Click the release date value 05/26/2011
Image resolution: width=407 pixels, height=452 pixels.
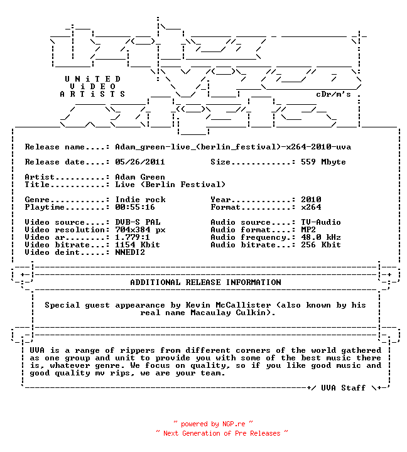(x=140, y=162)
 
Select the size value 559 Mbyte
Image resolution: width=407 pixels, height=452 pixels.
(x=323, y=162)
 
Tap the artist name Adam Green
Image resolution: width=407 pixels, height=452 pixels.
(x=140, y=176)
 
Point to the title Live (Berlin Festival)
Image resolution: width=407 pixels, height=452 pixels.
(x=170, y=185)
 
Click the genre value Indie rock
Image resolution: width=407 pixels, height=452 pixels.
(x=140, y=200)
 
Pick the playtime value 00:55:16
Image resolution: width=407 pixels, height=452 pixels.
(x=135, y=207)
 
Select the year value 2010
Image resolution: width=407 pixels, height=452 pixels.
(x=311, y=200)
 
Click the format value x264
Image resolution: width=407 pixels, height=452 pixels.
(x=311, y=207)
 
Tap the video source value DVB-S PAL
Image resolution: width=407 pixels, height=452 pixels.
(x=138, y=222)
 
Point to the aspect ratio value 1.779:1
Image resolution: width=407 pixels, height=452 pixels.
(x=133, y=237)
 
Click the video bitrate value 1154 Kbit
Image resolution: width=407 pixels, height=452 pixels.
(x=138, y=245)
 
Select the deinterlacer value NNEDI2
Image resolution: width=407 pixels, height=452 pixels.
(x=130, y=252)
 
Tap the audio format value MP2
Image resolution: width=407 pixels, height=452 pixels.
(x=308, y=230)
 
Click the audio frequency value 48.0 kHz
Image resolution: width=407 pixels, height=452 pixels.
(x=321, y=237)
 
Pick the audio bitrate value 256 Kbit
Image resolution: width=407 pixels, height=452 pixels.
(x=321, y=245)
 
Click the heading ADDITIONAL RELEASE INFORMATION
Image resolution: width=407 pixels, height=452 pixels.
(x=205, y=282)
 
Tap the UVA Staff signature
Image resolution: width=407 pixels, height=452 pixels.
(x=344, y=388)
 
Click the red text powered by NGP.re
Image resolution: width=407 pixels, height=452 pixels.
(x=213, y=424)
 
